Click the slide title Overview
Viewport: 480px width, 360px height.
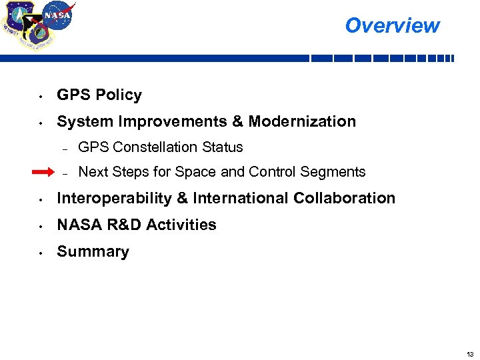click(392, 25)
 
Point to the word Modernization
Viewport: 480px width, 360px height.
click(302, 121)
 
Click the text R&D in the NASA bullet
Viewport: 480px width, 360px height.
click(121, 225)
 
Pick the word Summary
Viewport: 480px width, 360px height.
click(93, 251)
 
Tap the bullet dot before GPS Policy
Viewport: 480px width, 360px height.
click(41, 96)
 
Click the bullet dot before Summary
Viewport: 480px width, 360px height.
click(41, 253)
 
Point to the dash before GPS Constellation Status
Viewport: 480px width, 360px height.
click(65, 148)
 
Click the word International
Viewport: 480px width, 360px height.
click(248, 198)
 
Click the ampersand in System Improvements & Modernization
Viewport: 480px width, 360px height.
click(238, 121)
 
